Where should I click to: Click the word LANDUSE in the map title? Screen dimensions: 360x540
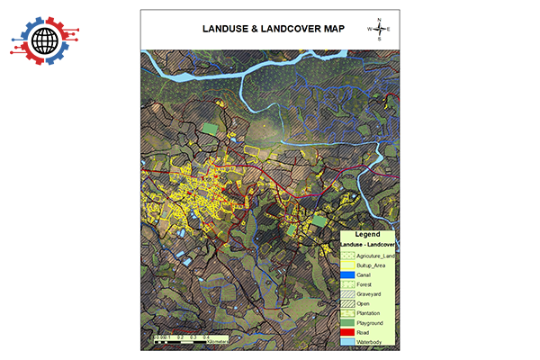click(x=223, y=29)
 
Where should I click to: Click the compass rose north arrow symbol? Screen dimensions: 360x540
click(x=379, y=29)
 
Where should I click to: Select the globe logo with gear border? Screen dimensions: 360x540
click(x=44, y=40)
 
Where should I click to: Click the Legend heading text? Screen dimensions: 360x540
click(x=367, y=234)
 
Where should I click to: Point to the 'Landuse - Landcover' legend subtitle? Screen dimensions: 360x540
click(x=369, y=244)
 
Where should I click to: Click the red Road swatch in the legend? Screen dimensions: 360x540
click(x=346, y=332)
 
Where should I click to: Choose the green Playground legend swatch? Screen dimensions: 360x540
click(x=346, y=321)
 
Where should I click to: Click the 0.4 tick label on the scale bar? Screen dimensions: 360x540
click(x=206, y=336)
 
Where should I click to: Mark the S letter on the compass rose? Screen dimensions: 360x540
click(x=379, y=40)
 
